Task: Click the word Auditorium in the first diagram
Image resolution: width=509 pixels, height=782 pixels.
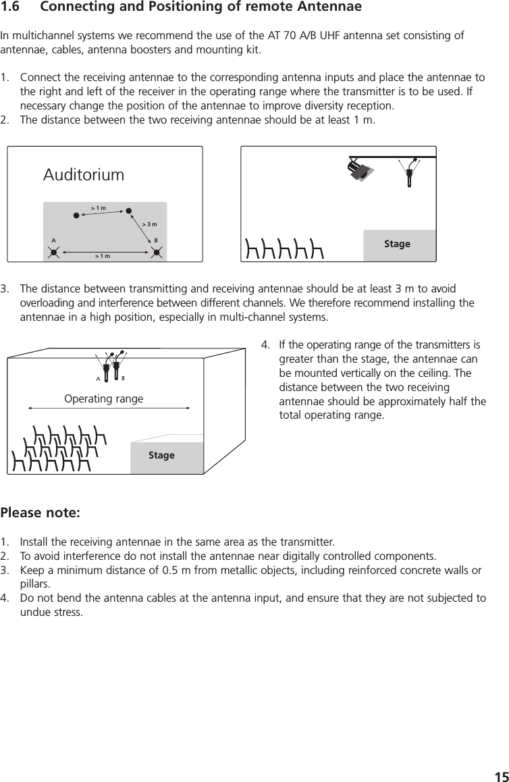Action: [x=84, y=175]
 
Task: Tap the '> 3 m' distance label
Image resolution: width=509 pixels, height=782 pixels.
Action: [x=149, y=224]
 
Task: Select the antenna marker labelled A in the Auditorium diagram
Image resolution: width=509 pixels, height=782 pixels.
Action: [x=54, y=253]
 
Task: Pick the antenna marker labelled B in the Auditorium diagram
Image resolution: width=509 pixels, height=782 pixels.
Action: [x=157, y=253]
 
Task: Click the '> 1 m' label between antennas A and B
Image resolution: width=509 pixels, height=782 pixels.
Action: [x=103, y=257]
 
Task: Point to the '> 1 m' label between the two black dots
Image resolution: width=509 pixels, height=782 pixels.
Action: [x=99, y=208]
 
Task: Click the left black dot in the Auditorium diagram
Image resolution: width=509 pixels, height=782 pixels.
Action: [x=76, y=216]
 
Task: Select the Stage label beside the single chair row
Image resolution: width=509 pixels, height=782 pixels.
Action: [x=397, y=244]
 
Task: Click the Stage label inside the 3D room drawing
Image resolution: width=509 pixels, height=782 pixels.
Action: [x=161, y=455]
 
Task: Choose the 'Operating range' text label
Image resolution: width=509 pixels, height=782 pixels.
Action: [x=103, y=398]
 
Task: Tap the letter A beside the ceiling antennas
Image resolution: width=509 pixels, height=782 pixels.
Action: [x=98, y=379]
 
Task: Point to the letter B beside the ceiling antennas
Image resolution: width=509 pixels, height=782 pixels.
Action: [x=124, y=379]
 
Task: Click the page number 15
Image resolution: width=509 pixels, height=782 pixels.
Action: [x=500, y=775]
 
